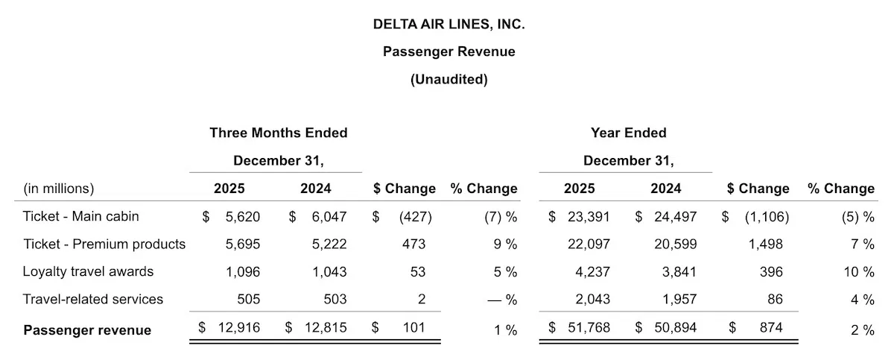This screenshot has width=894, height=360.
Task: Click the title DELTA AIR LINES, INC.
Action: click(448, 24)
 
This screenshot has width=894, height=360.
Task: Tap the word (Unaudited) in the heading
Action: click(448, 79)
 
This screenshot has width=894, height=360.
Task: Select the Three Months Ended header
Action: click(278, 133)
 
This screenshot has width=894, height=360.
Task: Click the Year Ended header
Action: click(628, 133)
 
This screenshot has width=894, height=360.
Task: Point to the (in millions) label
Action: click(59, 189)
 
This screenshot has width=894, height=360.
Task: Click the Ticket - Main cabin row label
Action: click(81, 216)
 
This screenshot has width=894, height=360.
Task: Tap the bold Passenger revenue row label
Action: click(87, 329)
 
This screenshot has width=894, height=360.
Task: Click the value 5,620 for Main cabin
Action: click(243, 216)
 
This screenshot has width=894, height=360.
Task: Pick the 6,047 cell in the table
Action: click(329, 216)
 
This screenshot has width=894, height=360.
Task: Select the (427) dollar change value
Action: click(415, 216)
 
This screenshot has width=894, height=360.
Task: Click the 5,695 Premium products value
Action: click(243, 244)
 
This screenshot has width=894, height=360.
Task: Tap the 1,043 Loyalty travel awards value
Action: click(329, 272)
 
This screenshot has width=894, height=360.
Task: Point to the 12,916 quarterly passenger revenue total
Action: click(239, 329)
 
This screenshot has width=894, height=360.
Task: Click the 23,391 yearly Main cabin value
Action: click(589, 216)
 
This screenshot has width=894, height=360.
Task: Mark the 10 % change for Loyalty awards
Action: click(858, 272)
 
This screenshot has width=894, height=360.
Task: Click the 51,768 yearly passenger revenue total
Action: click(589, 329)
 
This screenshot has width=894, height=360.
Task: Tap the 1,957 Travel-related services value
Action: click(678, 300)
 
